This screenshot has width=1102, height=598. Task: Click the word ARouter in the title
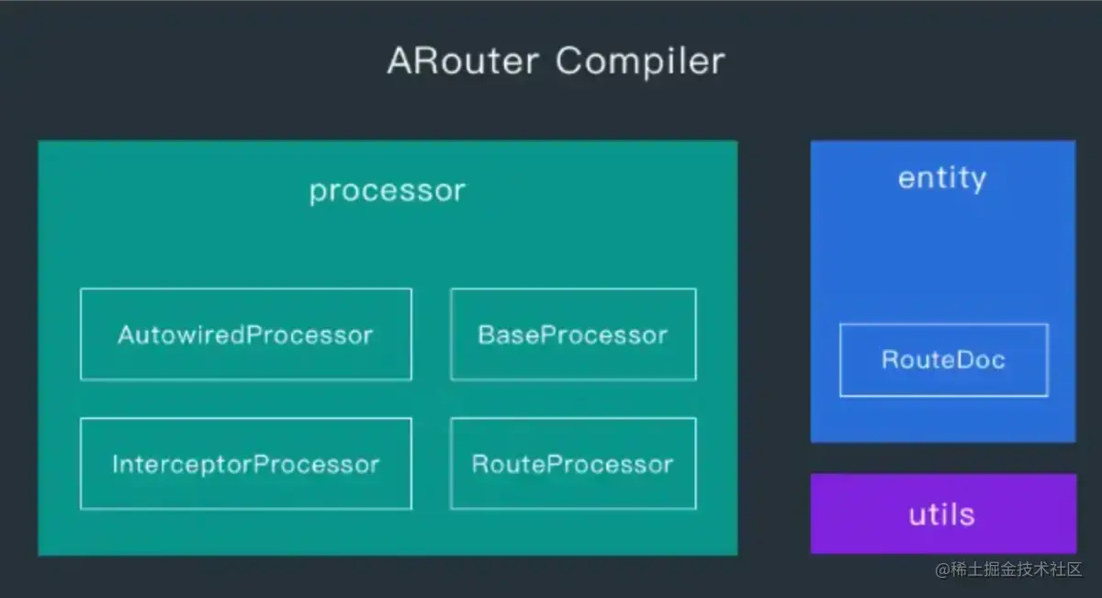pos(464,62)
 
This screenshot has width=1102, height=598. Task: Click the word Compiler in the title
pos(639,62)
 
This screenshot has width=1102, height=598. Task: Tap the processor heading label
pos(388,191)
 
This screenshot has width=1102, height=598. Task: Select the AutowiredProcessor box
pos(246,334)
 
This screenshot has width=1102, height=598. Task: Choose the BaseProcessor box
pos(573,334)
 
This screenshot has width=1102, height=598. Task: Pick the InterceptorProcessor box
pos(246,464)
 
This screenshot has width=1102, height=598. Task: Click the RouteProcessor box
pos(573,464)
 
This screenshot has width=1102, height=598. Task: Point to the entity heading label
pos(942,177)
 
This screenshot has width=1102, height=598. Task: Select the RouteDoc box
pos(943,360)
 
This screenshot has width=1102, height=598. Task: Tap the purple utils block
pos(943,513)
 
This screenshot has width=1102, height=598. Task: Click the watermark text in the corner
pos(1009,570)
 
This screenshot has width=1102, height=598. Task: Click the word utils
pos(941,514)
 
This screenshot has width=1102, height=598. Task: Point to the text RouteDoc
pos(943,360)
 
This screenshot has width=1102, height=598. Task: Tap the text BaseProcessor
pos(573,334)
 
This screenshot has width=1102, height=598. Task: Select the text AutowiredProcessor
pos(246,334)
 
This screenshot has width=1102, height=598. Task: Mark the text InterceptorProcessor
pos(246,464)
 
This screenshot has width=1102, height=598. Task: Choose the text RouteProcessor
pos(573,464)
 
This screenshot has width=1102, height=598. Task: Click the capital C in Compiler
pos(568,62)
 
